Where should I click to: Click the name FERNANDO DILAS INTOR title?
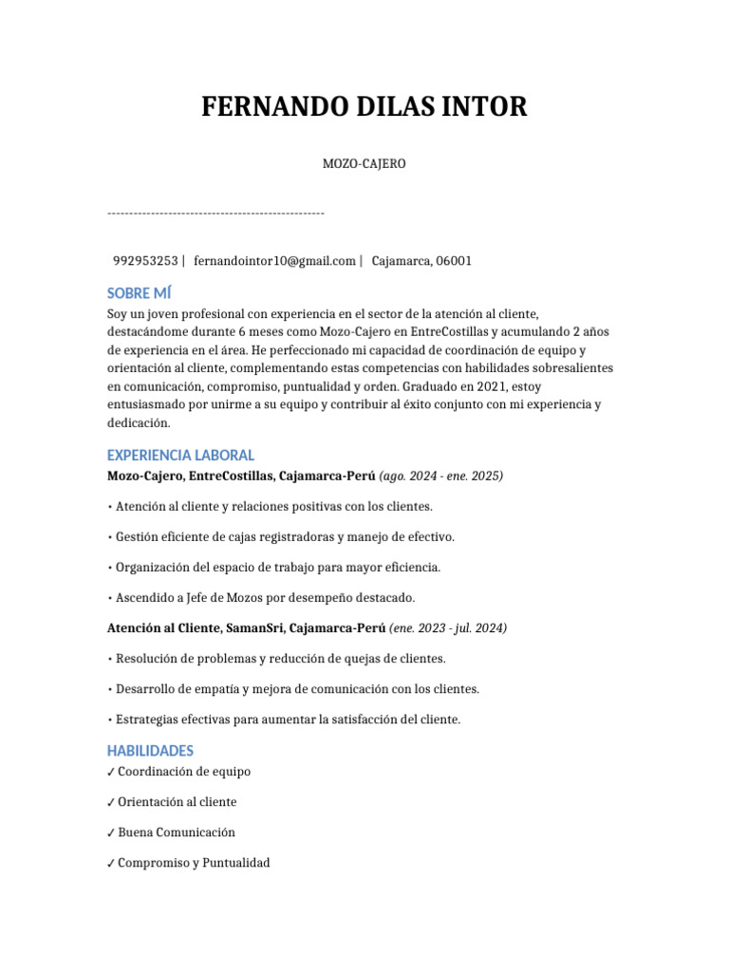point(364,107)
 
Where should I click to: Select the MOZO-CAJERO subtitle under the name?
point(364,164)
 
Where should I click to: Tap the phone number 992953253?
point(145,261)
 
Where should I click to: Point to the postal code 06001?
point(454,261)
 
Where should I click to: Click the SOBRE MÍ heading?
point(140,293)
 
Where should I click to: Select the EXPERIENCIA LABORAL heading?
point(180,455)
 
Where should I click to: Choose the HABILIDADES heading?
point(150,751)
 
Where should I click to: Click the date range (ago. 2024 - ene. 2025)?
point(441,476)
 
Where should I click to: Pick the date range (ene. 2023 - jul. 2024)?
point(448,628)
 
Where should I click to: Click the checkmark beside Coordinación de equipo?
point(111,773)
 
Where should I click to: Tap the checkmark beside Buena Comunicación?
point(111,833)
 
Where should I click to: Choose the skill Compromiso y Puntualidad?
point(194,863)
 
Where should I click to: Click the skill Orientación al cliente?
point(177,802)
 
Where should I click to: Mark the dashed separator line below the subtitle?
point(215,213)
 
